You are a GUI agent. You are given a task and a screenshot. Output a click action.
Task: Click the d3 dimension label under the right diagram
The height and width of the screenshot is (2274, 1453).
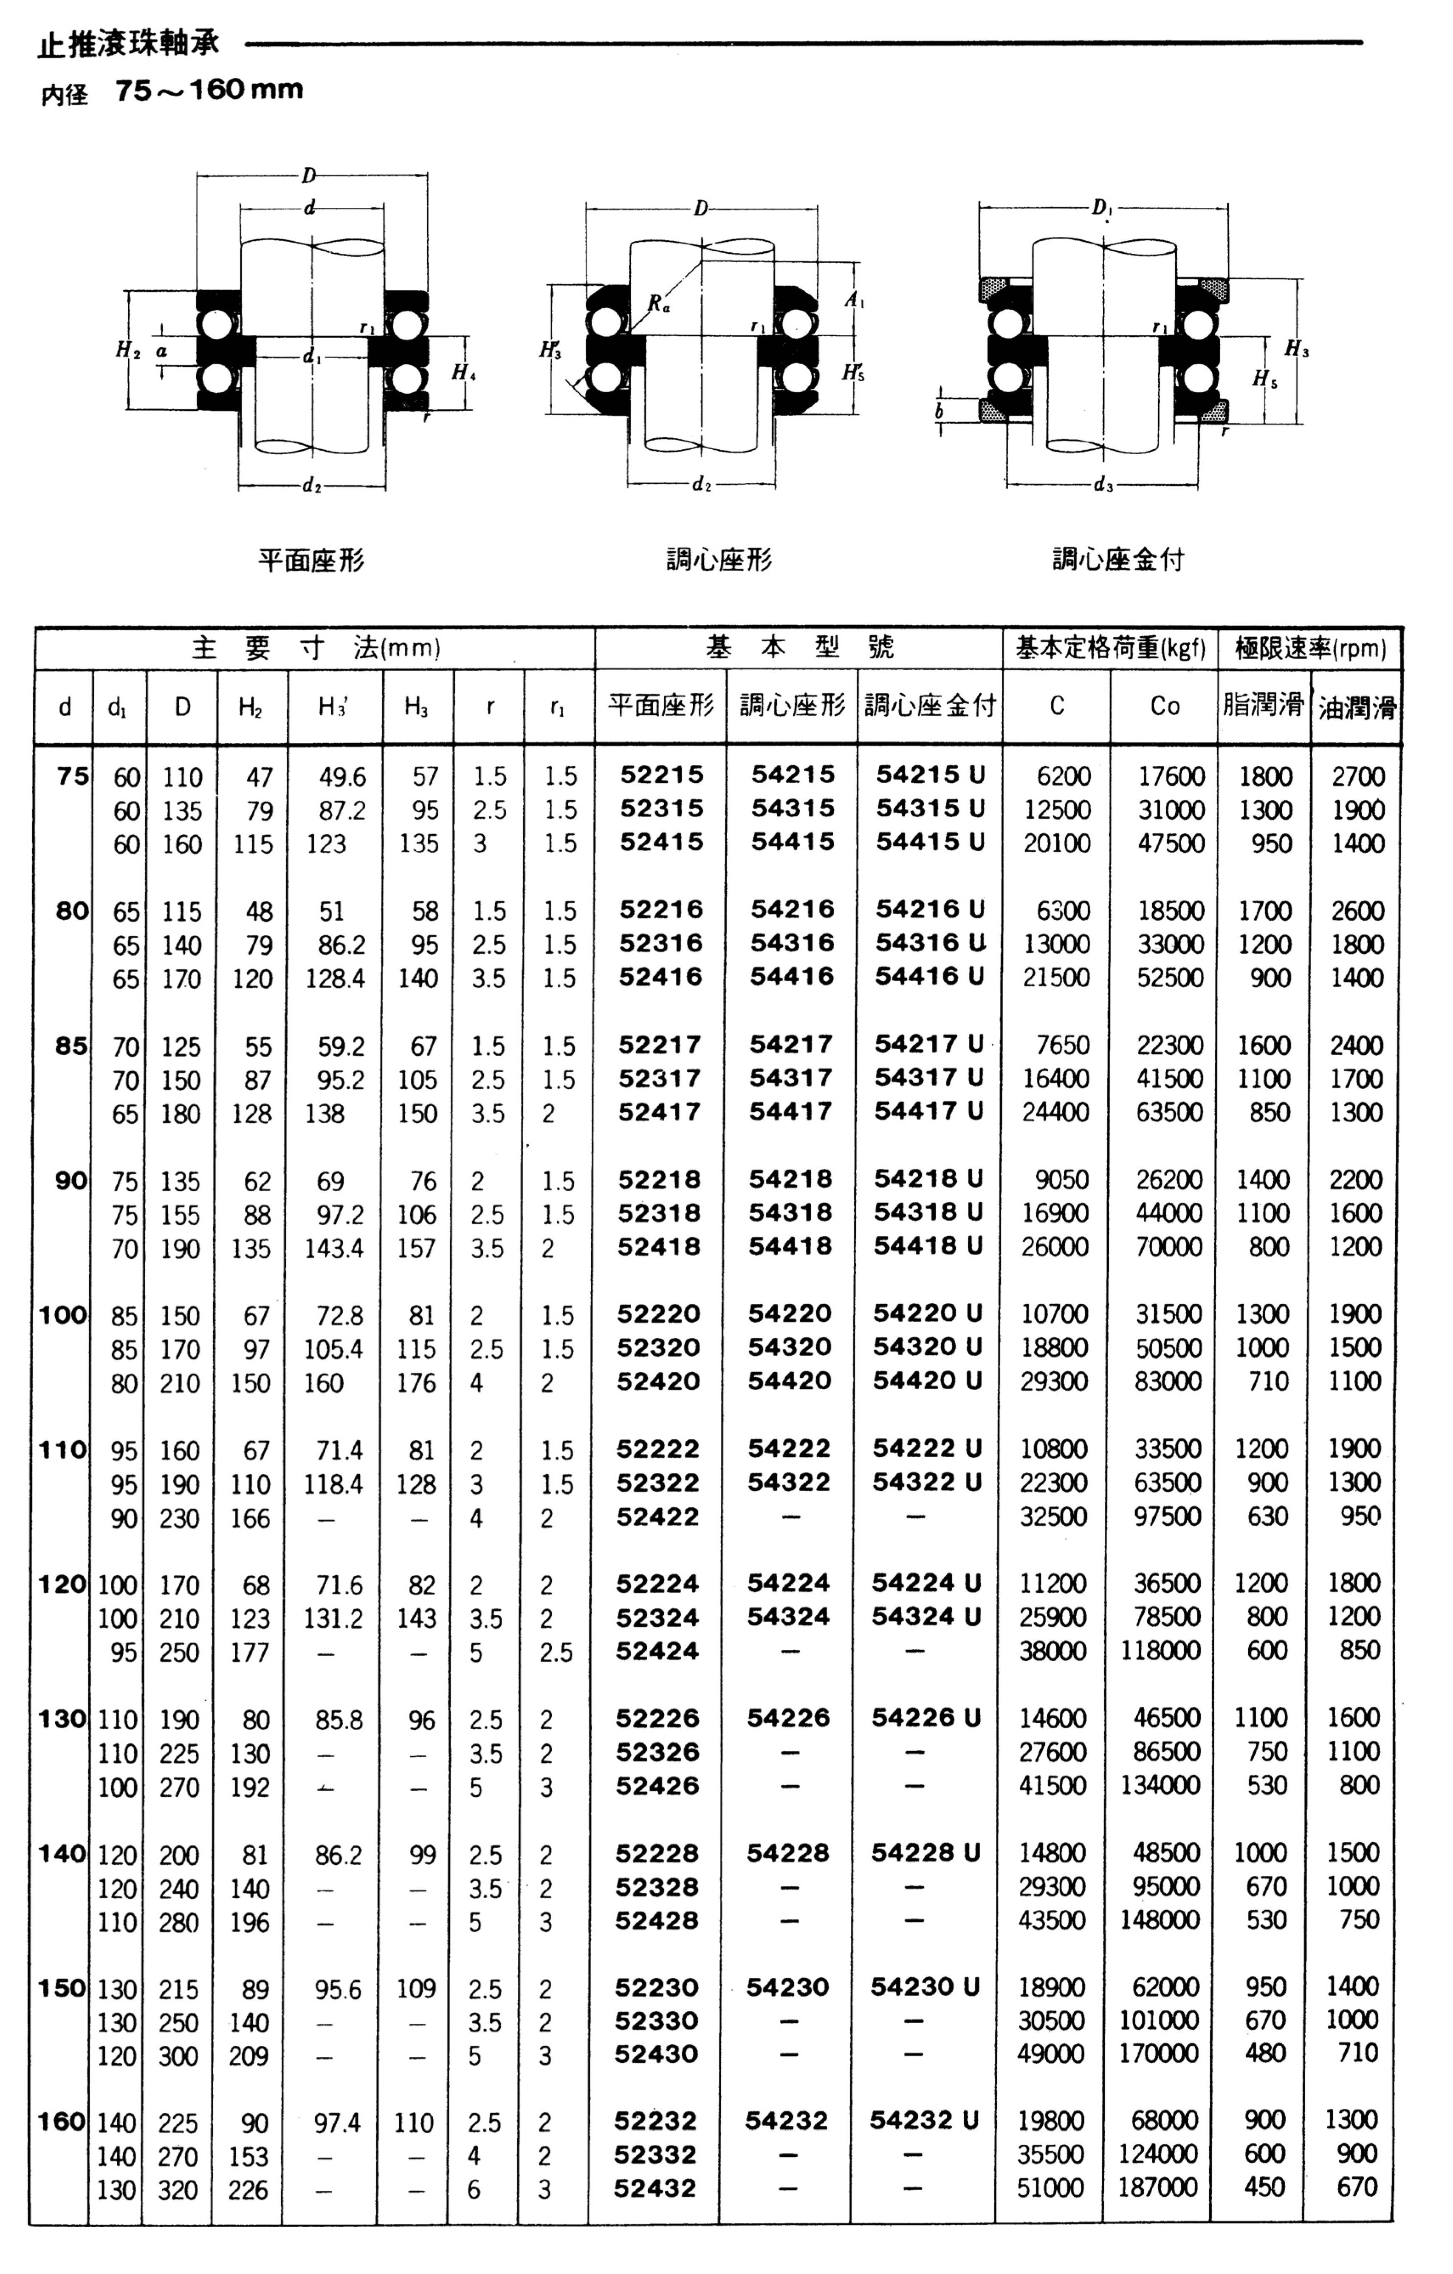(1103, 485)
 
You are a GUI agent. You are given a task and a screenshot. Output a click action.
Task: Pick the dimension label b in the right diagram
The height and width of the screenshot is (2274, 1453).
(940, 412)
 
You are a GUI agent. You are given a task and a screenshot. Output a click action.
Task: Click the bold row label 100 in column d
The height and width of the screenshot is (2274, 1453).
(63, 1314)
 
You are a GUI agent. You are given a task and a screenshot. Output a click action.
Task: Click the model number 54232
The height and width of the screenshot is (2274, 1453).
(785, 2121)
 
